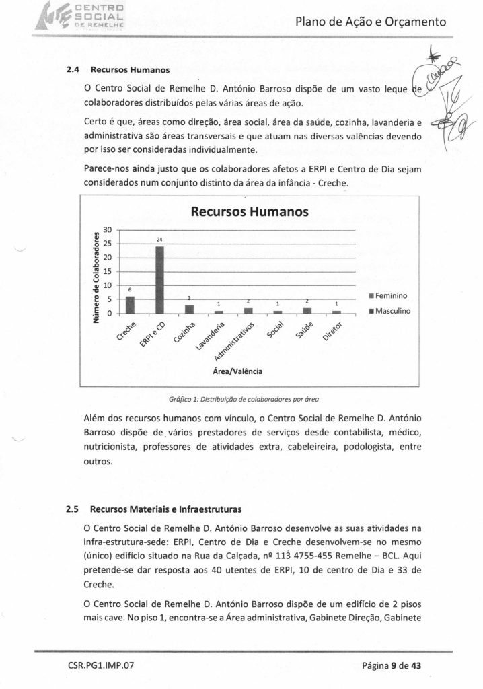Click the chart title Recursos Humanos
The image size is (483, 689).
pyautogui.click(x=250, y=213)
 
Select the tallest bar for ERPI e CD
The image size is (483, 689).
pyautogui.click(x=159, y=279)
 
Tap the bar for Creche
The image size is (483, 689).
pyautogui.click(x=130, y=305)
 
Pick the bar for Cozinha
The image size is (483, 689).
pyautogui.click(x=189, y=309)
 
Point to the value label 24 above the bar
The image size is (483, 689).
pyautogui.click(x=160, y=240)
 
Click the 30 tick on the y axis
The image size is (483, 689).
pyautogui.click(x=107, y=229)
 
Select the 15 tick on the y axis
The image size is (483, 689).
pyautogui.click(x=107, y=271)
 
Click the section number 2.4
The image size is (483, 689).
pyautogui.click(x=73, y=69)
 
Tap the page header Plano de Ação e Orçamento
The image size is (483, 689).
pyautogui.click(x=371, y=22)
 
